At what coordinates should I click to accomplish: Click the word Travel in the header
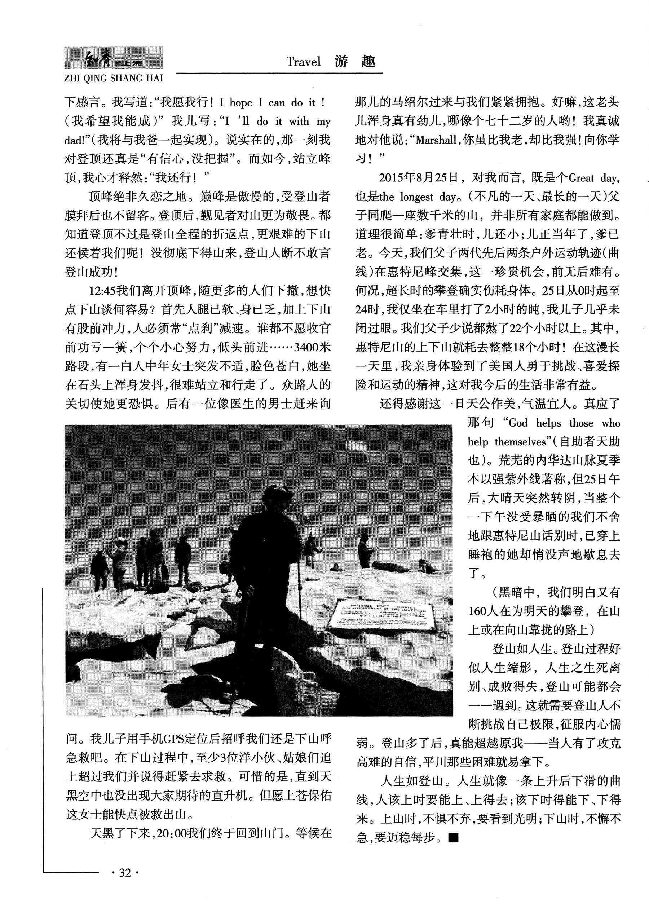click(x=303, y=62)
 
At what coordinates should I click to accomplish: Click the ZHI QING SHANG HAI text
click(x=114, y=78)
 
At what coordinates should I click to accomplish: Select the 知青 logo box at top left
click(x=114, y=58)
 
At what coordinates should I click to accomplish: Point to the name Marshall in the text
click(x=436, y=140)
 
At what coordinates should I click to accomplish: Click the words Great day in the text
click(x=593, y=178)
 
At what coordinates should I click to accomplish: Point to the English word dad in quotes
click(x=73, y=140)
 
